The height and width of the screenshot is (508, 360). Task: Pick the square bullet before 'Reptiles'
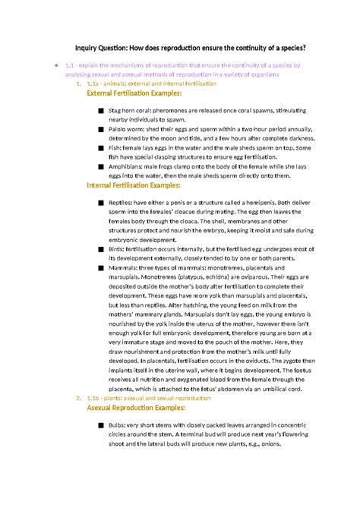click(x=101, y=204)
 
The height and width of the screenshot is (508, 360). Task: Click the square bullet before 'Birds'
click(x=101, y=248)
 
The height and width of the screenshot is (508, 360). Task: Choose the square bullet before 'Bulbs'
click(x=101, y=427)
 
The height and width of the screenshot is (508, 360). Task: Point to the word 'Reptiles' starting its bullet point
click(x=122, y=204)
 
